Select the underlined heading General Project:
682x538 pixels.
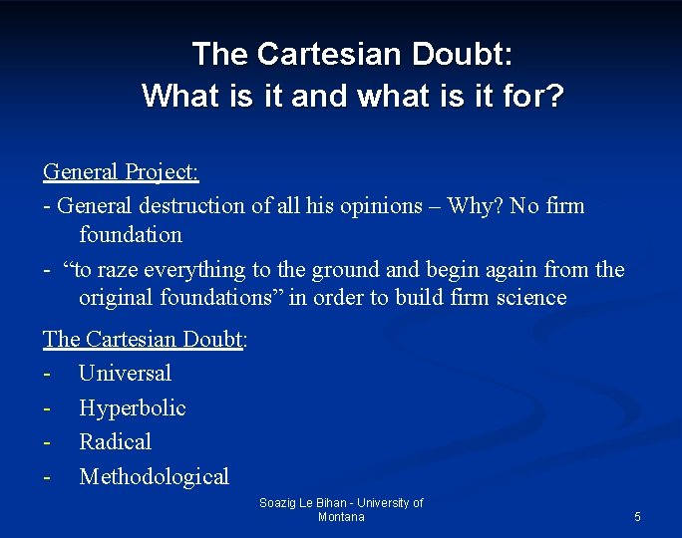(x=121, y=171)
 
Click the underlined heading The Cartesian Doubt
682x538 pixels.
(x=144, y=339)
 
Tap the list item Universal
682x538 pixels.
(x=125, y=374)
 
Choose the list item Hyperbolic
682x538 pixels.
(x=132, y=408)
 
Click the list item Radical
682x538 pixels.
(x=115, y=441)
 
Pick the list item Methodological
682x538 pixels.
(x=154, y=477)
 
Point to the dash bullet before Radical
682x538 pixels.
(x=47, y=442)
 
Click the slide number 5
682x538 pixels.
(x=637, y=517)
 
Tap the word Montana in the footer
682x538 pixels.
(x=341, y=517)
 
